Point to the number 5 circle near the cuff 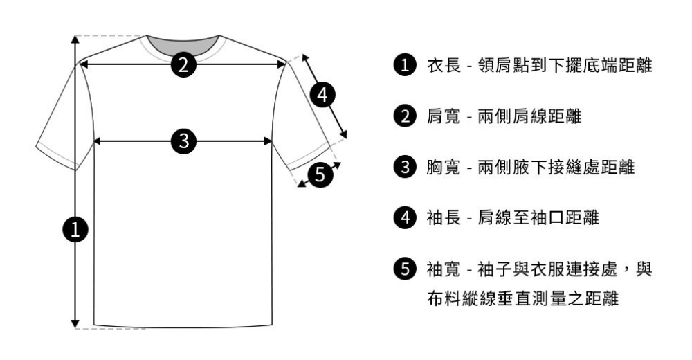click(318, 174)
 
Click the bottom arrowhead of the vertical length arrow click(75, 323)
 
